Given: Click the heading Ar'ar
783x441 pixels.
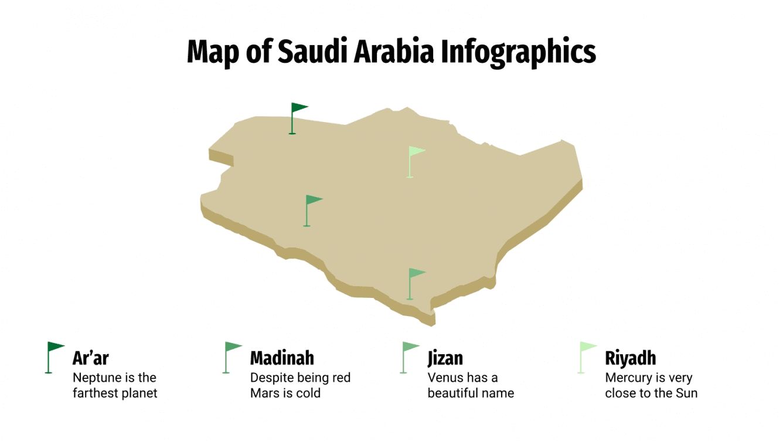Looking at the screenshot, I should pyautogui.click(x=91, y=358).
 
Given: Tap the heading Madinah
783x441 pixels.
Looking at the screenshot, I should pyautogui.click(x=282, y=358).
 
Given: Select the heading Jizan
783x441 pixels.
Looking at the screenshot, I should pyautogui.click(x=445, y=358).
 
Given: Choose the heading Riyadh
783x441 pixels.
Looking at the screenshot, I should pyautogui.click(x=630, y=358).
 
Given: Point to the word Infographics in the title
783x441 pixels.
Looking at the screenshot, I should pyautogui.click(x=518, y=52).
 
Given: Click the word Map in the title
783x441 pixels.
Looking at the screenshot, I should pyautogui.click(x=210, y=52).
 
